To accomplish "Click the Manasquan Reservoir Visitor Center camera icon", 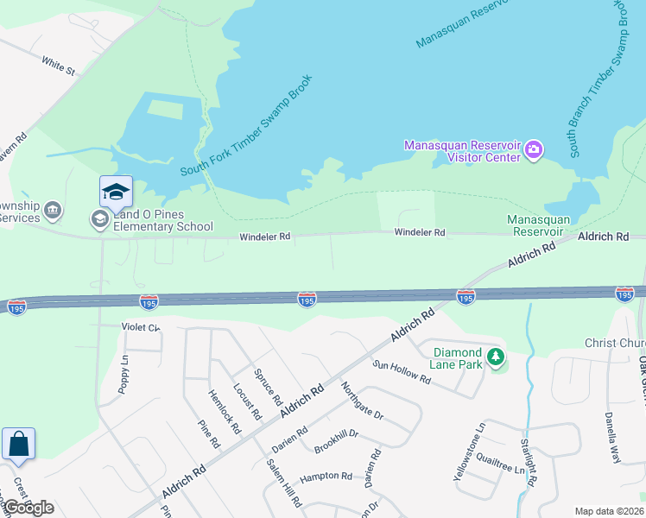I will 534,151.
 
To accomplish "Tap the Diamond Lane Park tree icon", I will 495,357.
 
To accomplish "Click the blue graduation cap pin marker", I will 115,192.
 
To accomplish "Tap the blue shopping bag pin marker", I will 18,445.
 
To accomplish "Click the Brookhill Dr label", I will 337,439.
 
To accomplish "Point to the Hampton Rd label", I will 326,476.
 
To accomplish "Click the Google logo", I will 28,508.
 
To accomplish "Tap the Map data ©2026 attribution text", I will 609,511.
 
